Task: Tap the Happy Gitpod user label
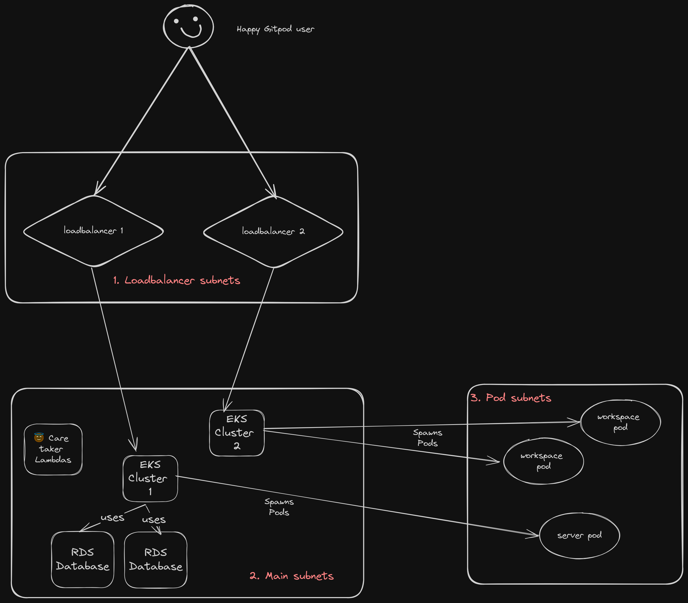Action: (x=275, y=29)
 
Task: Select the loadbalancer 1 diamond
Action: (x=93, y=231)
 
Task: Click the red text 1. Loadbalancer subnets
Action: (x=177, y=280)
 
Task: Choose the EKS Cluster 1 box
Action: (x=150, y=478)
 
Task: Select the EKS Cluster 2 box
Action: (x=237, y=433)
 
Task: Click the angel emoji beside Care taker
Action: (x=39, y=437)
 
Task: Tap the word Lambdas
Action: (x=53, y=460)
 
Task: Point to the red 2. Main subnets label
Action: (x=291, y=576)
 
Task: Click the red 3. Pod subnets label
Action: (x=511, y=398)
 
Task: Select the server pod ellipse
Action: (x=579, y=535)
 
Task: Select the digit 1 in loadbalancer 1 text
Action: (x=122, y=230)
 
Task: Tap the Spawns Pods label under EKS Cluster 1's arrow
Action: (x=279, y=507)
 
